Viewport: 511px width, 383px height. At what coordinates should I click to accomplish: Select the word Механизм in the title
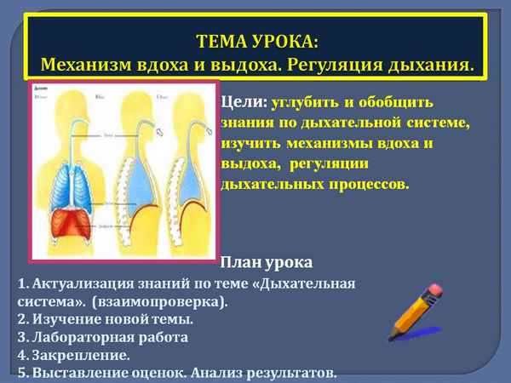pos(85,65)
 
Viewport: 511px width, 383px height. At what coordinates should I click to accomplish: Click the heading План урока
pos(266,261)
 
